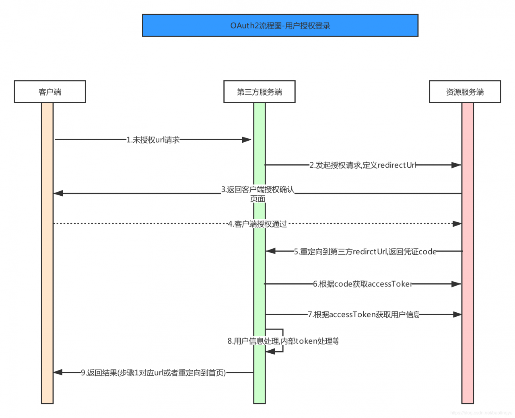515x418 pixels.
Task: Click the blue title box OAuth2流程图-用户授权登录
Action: tap(280, 25)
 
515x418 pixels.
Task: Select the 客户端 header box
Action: tap(50, 92)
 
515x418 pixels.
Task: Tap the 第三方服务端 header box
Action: tap(260, 92)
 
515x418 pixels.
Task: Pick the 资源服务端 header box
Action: tap(465, 92)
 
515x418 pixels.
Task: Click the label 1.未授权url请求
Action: tap(153, 140)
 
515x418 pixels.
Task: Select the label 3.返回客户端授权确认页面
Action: tap(257, 194)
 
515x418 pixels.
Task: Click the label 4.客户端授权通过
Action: tap(257, 224)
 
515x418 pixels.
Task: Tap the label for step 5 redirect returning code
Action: tap(365, 252)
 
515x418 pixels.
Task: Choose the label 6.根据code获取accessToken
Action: tap(363, 284)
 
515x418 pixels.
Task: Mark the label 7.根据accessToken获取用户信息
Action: tap(364, 315)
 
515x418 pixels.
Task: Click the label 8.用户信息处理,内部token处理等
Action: tap(283, 341)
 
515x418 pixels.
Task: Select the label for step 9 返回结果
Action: tap(153, 373)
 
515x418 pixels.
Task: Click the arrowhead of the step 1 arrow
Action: tap(247, 140)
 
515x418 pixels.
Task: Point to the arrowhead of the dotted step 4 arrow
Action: tap(457, 224)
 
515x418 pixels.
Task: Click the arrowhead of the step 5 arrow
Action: tap(271, 251)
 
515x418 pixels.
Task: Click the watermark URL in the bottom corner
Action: tap(481, 413)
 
